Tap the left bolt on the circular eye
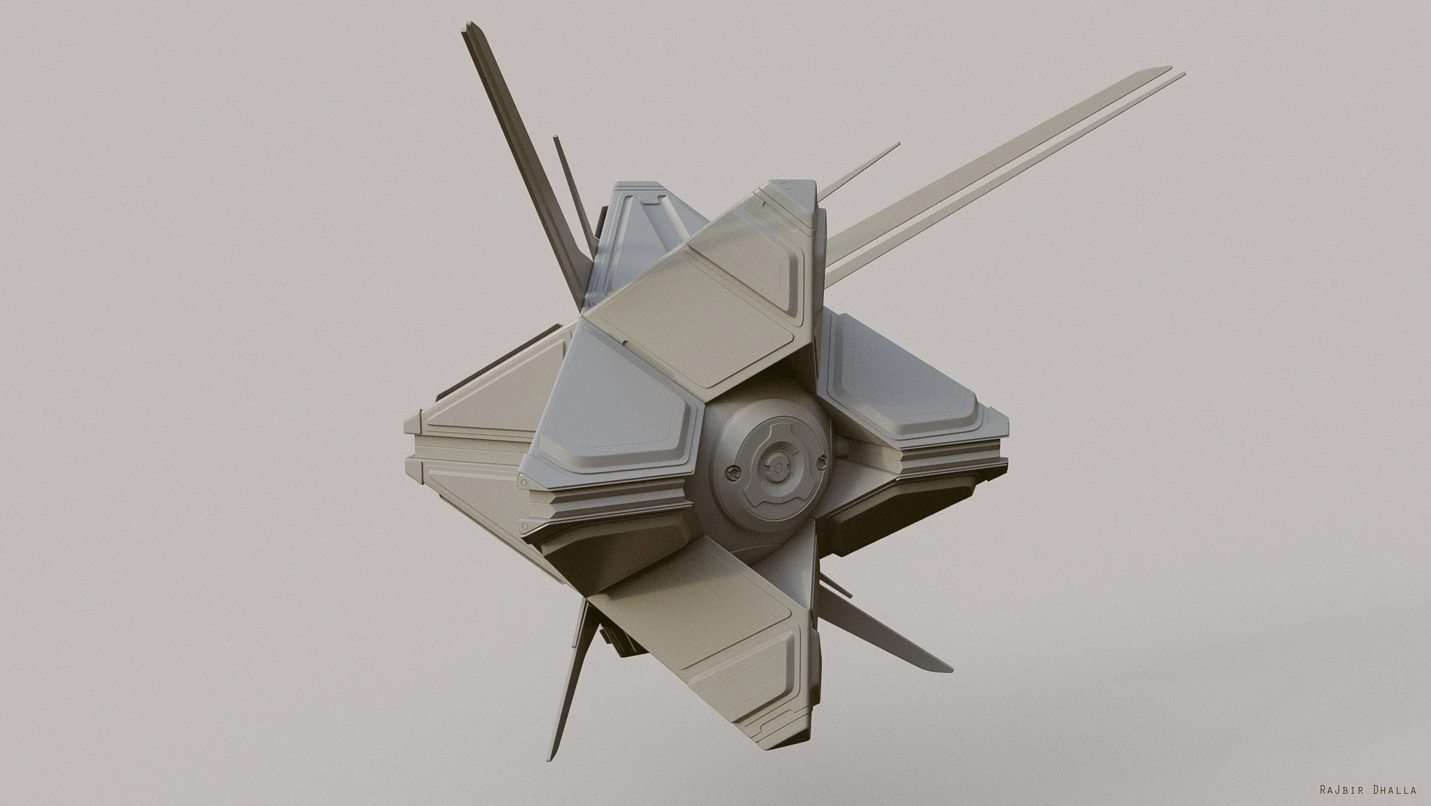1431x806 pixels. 733,472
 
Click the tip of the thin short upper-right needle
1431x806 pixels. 898,143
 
